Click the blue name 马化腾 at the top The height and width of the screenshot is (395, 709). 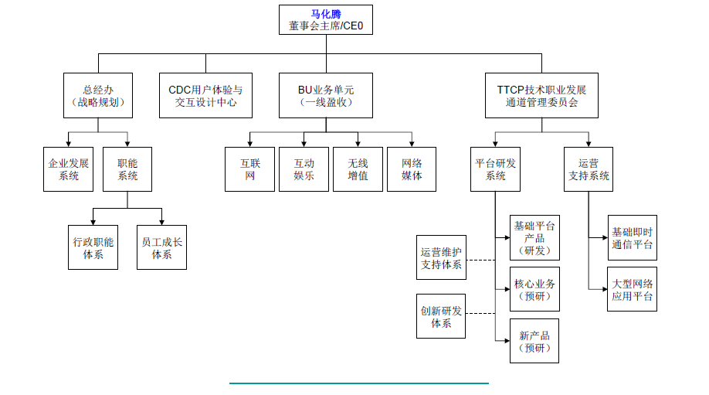(325, 14)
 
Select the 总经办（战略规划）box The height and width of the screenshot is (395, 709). (97, 96)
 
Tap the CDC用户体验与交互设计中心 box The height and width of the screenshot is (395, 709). (205, 96)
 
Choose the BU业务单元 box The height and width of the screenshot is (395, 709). (325, 96)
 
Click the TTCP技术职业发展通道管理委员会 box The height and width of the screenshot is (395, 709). (541, 96)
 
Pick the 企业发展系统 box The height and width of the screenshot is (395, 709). (69, 169)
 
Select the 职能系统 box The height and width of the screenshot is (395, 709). (128, 169)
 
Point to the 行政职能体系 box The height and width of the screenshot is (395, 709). (93, 247)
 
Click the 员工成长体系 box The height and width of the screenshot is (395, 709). (162, 247)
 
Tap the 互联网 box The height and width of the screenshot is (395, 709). (249, 169)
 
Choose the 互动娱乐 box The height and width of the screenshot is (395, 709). (304, 169)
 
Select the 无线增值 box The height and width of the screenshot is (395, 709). (358, 169)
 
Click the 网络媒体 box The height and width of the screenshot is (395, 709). (412, 169)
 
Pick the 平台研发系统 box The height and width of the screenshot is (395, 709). (495, 169)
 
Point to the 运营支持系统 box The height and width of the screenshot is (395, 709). (589, 169)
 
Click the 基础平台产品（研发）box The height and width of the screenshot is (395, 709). (534, 238)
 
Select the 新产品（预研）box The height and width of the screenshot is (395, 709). (534, 341)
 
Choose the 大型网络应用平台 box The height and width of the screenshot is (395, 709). (632, 290)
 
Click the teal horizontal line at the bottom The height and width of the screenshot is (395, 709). (358, 382)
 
